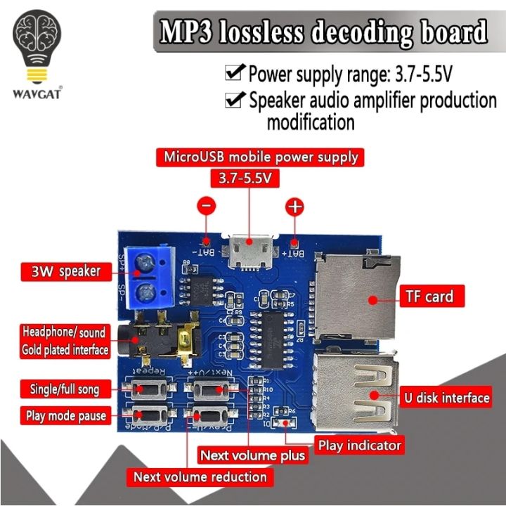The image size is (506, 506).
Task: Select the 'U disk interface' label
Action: [x=446, y=398]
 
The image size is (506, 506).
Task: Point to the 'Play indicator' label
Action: [x=360, y=445]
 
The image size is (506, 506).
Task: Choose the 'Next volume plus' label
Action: [x=252, y=455]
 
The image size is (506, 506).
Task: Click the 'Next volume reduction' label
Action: [x=200, y=477]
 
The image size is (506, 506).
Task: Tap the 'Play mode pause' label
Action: [x=65, y=415]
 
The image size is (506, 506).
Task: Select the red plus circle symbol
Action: [x=294, y=207]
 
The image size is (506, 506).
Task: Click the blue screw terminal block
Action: [x=148, y=275]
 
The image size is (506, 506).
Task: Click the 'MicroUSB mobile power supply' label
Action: [x=261, y=157]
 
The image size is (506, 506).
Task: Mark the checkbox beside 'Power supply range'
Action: [x=233, y=73]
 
